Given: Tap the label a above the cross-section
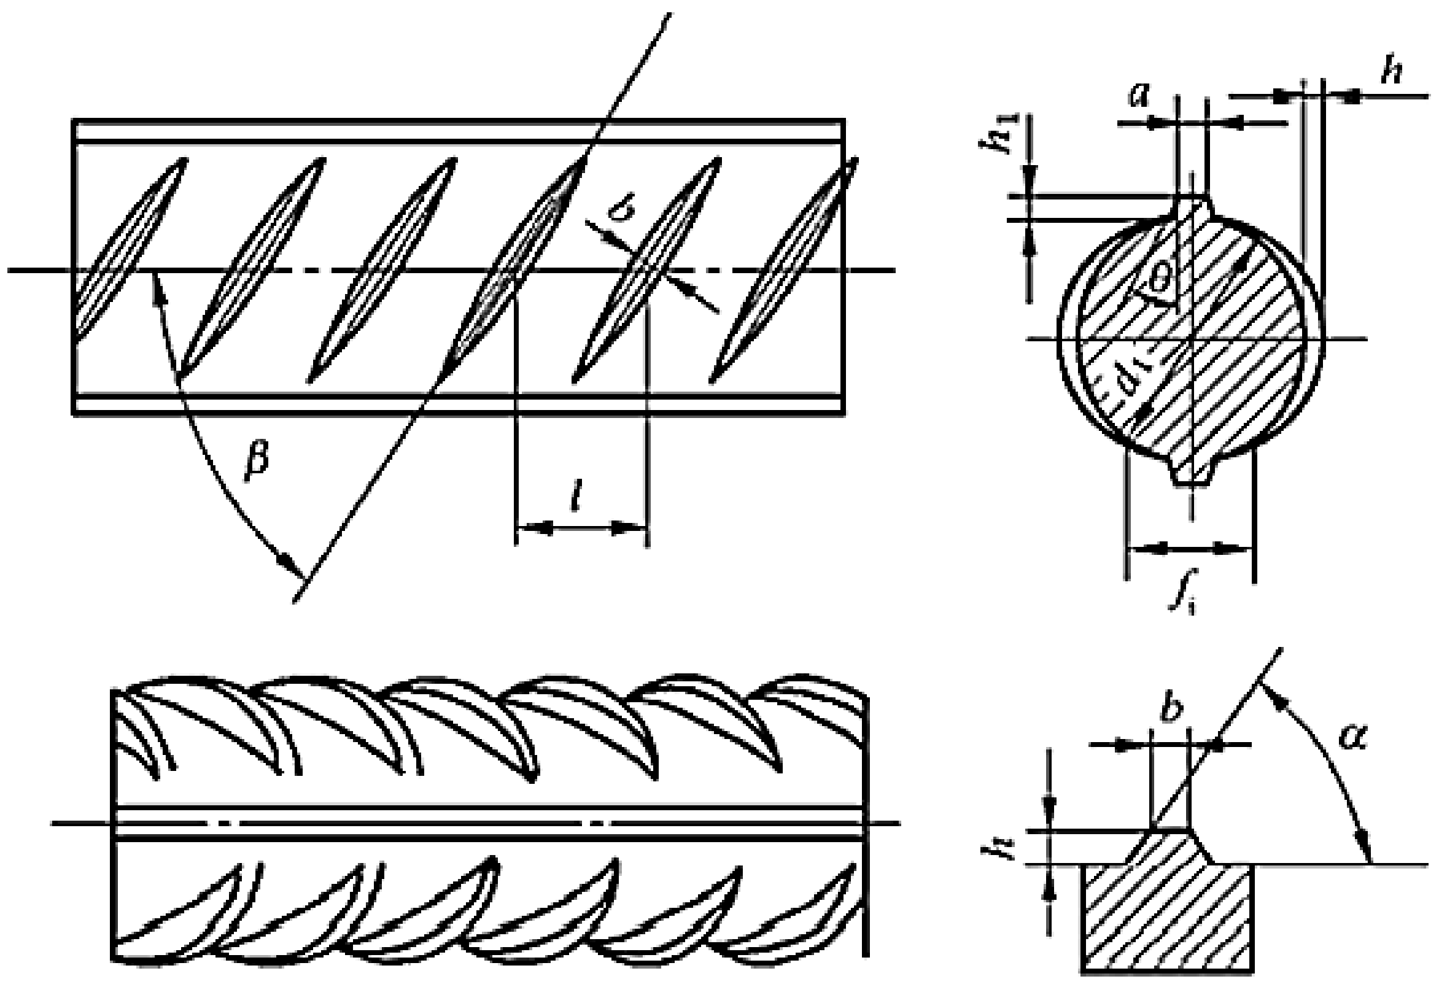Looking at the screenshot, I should coord(1139,95).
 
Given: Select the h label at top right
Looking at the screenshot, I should coord(1391,73).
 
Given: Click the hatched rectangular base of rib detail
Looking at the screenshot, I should coord(1168,923).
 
